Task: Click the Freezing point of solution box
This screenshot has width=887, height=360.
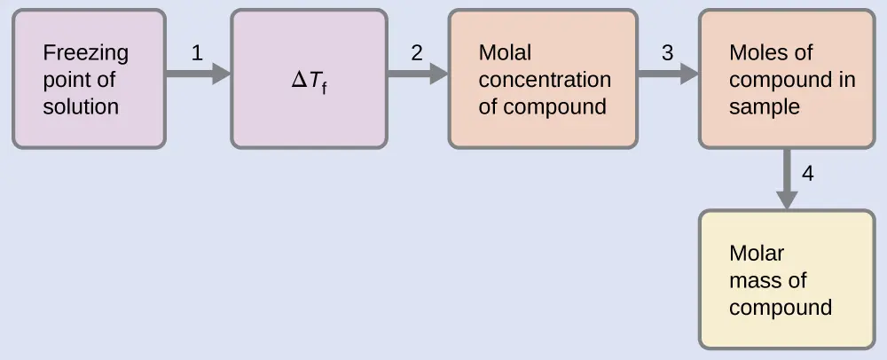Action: [x=89, y=79]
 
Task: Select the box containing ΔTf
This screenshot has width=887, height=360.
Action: [x=309, y=79]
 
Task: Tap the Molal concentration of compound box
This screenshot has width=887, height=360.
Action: [x=543, y=79]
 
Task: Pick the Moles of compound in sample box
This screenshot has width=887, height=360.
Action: [x=787, y=79]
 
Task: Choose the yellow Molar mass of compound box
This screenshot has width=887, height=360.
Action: [x=787, y=279]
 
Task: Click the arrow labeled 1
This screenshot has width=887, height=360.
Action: [x=198, y=74]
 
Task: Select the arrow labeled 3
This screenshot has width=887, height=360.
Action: [x=668, y=74]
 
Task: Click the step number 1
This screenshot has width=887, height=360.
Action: [x=197, y=53]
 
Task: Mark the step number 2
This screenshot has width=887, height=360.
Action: [x=417, y=53]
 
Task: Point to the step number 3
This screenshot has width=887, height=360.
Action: [x=667, y=53]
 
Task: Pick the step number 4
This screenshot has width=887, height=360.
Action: [x=807, y=174]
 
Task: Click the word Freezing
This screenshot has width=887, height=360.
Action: [x=85, y=53]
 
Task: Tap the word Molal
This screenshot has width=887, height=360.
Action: [x=505, y=53]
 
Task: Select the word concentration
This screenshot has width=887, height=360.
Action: [x=545, y=80]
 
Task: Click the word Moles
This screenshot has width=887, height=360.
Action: [x=758, y=53]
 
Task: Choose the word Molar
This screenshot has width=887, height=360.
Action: [x=757, y=254]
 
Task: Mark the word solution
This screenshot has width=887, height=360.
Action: [x=81, y=107]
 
